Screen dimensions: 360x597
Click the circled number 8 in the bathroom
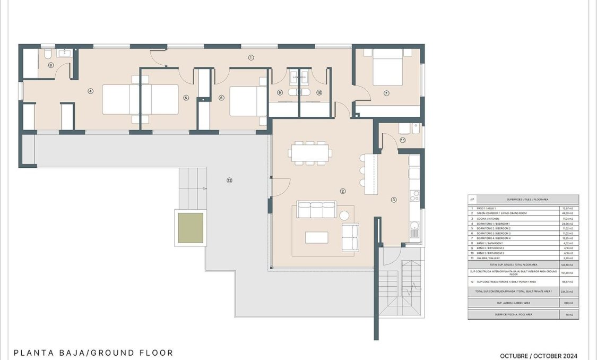51,65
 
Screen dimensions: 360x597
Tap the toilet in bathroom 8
48,54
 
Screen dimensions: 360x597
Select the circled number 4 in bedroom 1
91,91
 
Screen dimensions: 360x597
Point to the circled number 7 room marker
386,93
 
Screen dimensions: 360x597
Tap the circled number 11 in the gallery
403,140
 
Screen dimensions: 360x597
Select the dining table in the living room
310,152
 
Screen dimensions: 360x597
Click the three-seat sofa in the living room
317,210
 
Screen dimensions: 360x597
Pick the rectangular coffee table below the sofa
317,237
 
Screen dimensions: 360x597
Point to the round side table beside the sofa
344,215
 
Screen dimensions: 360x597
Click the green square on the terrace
191,228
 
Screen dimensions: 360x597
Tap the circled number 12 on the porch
229,181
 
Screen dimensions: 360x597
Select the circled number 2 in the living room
343,191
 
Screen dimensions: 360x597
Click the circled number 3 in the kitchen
393,200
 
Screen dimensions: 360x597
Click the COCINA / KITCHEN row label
488,218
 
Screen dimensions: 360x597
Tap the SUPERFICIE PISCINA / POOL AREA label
513,315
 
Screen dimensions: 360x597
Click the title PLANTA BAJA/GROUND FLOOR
93,353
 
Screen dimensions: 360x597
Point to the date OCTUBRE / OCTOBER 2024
539,356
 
